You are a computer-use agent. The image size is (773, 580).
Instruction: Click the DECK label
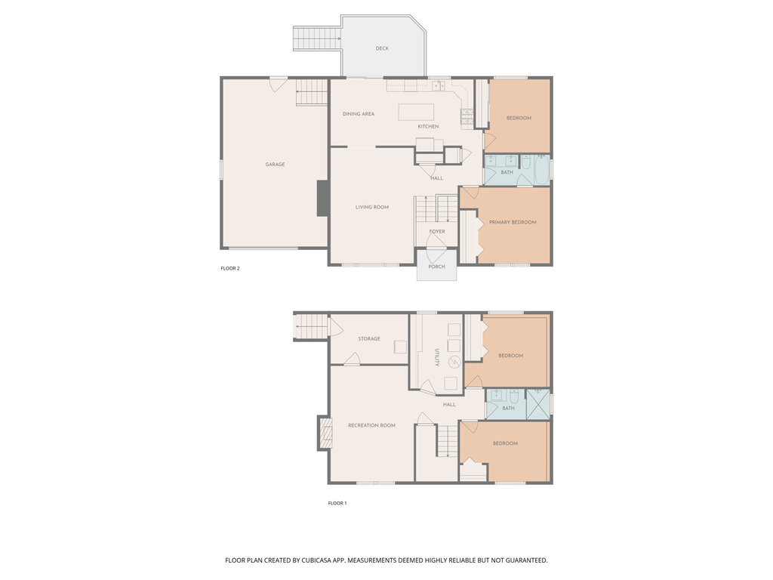[x=382, y=48]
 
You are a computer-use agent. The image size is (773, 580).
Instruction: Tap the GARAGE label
[x=275, y=164]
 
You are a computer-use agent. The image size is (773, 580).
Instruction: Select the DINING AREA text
[x=359, y=114]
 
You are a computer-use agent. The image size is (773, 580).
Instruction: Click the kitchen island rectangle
[x=416, y=112]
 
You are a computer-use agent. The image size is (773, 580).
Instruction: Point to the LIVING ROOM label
[x=372, y=207]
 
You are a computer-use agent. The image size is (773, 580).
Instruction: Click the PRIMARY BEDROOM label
[x=513, y=223]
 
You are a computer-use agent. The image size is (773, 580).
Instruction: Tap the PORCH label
[x=437, y=267]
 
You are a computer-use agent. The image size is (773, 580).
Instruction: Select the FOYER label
[x=437, y=231]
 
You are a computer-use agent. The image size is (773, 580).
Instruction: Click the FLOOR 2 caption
[x=230, y=268]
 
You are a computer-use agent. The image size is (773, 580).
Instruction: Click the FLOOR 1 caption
[x=337, y=503]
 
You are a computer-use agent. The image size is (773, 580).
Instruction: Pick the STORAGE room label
[x=369, y=339]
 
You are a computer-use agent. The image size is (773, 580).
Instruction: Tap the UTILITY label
[x=437, y=357]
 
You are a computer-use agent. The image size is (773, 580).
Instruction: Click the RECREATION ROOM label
[x=371, y=426]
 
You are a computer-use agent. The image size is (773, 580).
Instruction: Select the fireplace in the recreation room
[x=325, y=433]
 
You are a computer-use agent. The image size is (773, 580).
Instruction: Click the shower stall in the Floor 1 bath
[x=537, y=405]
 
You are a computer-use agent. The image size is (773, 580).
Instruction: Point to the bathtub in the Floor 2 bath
[x=541, y=170]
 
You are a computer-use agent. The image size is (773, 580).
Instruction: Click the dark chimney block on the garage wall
[x=322, y=199]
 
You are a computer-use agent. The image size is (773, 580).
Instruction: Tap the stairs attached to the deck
[x=317, y=39]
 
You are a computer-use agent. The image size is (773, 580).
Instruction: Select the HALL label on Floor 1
[x=449, y=405]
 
